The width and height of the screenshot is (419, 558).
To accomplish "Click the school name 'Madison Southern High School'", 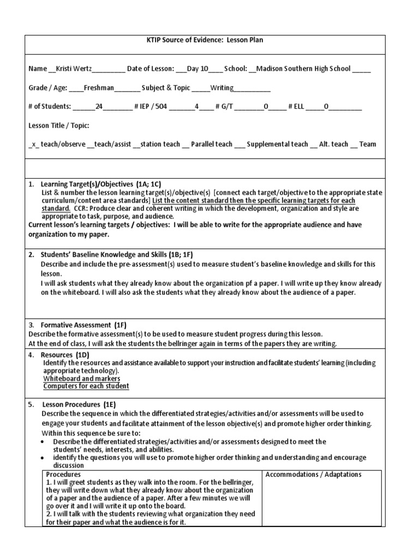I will (x=303, y=69).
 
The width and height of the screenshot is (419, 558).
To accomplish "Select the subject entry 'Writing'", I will (x=222, y=88).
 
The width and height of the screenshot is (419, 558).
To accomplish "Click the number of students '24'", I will (x=99, y=107).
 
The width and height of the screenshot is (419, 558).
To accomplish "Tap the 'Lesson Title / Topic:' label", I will (x=59, y=126).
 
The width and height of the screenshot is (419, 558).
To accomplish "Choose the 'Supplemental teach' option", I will (x=277, y=144).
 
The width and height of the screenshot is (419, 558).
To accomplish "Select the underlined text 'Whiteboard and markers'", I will (x=82, y=378).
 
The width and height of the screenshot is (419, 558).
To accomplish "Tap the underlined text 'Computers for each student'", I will (x=86, y=386).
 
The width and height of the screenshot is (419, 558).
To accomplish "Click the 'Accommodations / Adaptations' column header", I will (x=313, y=475).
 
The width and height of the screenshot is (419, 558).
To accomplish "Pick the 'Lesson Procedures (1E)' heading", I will (x=79, y=405).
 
